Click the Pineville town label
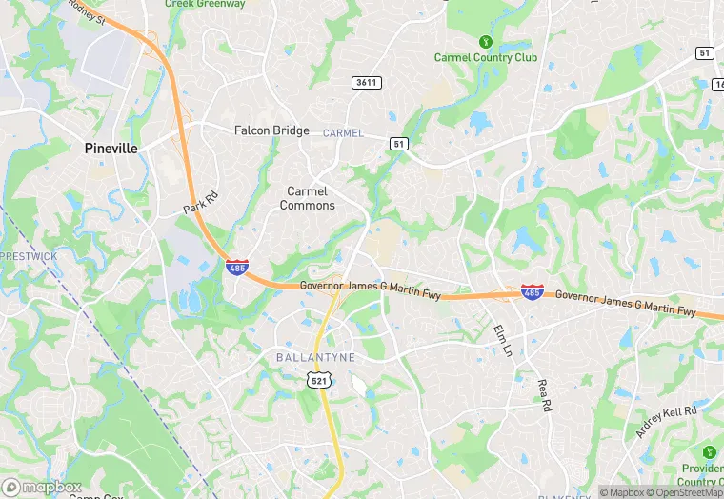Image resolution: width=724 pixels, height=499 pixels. [x=111, y=149]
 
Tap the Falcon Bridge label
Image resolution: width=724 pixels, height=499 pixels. [x=271, y=130]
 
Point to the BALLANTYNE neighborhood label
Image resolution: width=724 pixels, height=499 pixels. [x=315, y=357]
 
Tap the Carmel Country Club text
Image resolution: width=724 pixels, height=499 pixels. [x=486, y=57]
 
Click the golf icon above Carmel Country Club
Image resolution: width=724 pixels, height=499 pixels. [x=485, y=42]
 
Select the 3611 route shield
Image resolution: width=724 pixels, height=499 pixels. [x=367, y=83]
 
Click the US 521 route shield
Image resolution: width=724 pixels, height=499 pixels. [x=319, y=380]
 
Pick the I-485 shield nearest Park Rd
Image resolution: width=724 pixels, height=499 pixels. [x=238, y=267]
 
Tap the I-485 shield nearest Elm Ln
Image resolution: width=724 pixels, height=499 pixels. [x=533, y=291]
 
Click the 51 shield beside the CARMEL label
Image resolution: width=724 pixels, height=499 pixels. [x=399, y=143]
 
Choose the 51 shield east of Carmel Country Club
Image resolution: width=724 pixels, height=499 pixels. [x=705, y=53]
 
